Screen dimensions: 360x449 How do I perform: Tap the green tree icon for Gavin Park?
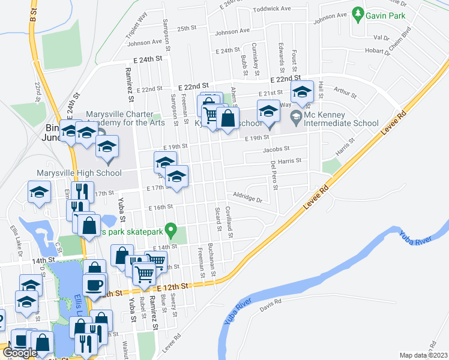[x=358, y=13]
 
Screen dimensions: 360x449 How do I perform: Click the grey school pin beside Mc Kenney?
[x=296, y=115]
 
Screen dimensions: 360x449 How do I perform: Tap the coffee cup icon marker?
[x=95, y=284]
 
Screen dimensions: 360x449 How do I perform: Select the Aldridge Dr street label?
[x=248, y=195]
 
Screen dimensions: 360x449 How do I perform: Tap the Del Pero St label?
[x=274, y=174]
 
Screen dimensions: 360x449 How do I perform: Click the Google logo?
[x=20, y=353]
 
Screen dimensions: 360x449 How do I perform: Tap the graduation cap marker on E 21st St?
[x=302, y=92]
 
